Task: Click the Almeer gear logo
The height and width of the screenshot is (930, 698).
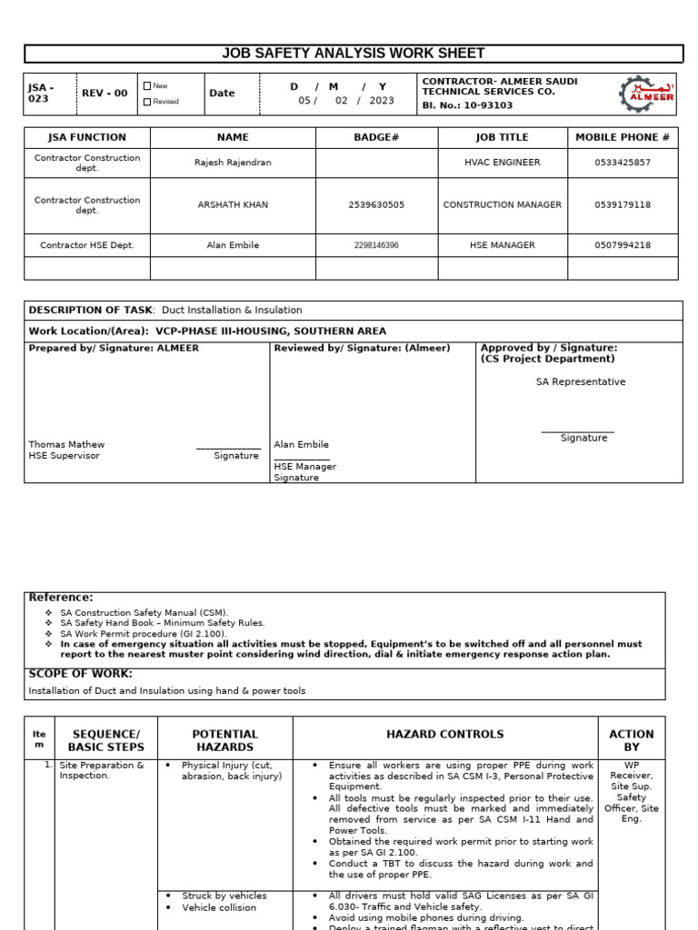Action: tap(646, 94)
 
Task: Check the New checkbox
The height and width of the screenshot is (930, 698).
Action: tap(147, 86)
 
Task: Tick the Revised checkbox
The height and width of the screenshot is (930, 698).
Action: tap(147, 102)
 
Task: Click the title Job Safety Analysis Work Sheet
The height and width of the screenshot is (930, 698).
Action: tap(354, 54)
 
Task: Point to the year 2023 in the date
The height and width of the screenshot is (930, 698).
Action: tap(382, 101)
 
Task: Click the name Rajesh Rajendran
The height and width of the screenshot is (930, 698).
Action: tap(233, 163)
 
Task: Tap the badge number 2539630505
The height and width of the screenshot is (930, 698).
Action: tap(376, 205)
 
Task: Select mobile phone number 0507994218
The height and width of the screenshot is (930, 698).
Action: tap(623, 245)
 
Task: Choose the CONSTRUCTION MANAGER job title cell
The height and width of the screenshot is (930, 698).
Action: tap(502, 205)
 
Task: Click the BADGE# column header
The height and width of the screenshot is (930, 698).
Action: tap(376, 137)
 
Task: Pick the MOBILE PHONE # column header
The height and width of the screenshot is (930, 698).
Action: tap(623, 137)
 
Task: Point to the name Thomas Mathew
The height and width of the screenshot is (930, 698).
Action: tap(66, 444)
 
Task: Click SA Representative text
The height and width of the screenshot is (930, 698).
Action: tap(580, 381)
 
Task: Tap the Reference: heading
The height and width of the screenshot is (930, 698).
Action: tap(61, 598)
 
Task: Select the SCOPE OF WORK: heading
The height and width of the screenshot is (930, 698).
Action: tap(80, 674)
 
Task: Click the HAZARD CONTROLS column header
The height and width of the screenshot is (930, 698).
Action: tap(444, 734)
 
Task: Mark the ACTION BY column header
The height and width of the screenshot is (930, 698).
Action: tap(631, 740)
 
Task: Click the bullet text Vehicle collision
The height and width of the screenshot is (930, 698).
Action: tap(219, 907)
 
